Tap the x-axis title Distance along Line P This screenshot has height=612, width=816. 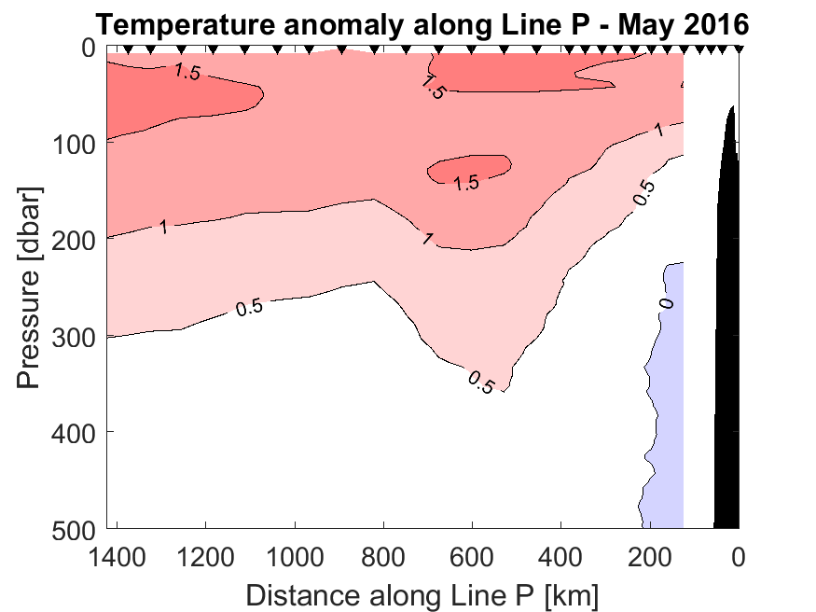(422, 593)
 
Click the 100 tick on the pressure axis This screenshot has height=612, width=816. (77, 144)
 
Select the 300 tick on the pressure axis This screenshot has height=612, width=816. (77, 336)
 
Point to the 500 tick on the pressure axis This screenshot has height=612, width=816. (77, 528)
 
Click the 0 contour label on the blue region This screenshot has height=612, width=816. (664, 303)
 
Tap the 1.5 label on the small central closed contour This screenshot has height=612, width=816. (466, 183)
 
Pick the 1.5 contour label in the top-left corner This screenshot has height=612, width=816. (187, 73)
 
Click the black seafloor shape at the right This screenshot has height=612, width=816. (727, 327)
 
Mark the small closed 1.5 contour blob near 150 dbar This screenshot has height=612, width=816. (480, 165)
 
